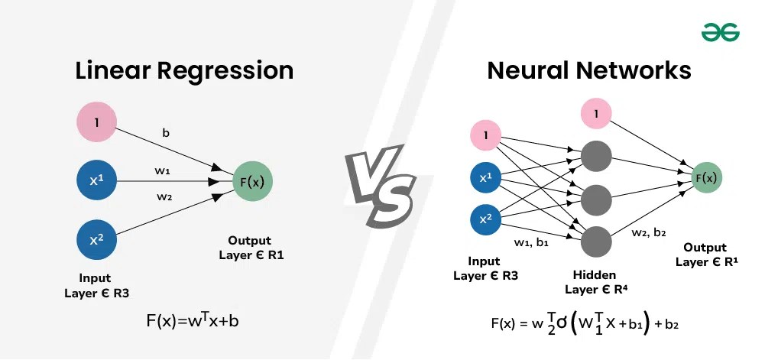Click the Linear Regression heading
184,71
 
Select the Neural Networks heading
588,71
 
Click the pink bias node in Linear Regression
97,122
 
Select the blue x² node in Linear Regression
97,240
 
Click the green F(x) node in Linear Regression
252,182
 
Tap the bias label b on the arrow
166,133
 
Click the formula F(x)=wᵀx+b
193,320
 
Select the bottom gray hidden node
596,242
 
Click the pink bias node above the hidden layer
596,114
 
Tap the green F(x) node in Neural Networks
704,178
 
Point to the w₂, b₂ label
649,233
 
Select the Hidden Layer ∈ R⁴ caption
596,282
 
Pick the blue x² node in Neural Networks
486,219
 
